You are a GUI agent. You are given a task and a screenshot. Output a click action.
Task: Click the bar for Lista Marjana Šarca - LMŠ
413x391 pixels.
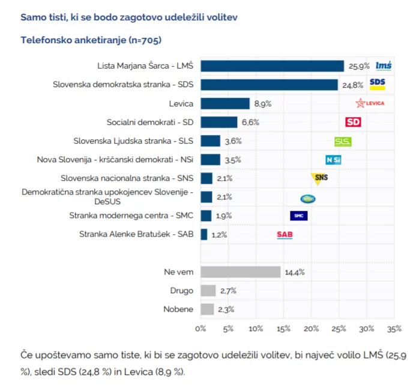(272, 66)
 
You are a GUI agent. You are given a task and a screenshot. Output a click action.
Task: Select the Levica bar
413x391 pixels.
(225, 103)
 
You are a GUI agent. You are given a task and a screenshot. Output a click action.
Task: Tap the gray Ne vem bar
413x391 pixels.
(241, 272)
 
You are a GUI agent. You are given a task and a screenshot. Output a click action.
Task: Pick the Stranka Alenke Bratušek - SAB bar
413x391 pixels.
(204, 234)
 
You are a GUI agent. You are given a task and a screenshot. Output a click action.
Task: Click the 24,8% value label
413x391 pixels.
(353, 85)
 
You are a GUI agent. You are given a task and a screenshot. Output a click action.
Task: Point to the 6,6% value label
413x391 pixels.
(250, 123)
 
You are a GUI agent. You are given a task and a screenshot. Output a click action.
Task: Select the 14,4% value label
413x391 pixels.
(295, 272)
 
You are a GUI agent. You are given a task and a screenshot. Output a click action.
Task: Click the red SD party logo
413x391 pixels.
(353, 122)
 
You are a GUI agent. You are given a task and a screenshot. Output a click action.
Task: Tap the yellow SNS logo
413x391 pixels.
(319, 178)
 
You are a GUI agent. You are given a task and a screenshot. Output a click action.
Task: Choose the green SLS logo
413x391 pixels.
(343, 142)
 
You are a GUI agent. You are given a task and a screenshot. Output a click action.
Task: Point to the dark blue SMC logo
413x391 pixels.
(299, 216)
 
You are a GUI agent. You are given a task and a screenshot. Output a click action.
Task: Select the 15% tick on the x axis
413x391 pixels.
(283, 329)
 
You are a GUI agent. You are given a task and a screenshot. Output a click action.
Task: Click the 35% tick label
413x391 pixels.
(394, 329)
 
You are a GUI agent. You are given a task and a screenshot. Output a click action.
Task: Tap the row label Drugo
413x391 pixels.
(182, 291)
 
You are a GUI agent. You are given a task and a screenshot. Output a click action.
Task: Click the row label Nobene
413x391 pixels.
(178, 309)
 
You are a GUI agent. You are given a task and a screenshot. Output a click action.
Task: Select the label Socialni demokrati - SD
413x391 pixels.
(150, 123)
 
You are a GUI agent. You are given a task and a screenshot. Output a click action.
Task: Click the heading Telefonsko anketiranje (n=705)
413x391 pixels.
(91, 40)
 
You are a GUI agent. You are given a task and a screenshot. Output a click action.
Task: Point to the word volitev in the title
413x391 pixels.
(222, 17)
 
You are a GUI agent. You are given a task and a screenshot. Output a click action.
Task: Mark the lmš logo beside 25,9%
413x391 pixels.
(384, 66)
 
